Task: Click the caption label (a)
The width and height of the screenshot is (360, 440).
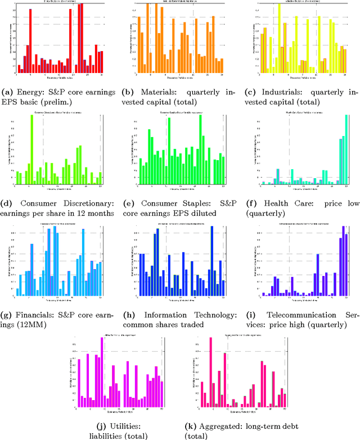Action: pyautogui.click(x=8, y=91)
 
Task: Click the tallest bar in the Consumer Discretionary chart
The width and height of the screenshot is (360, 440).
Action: pyautogui.click(x=31, y=151)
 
